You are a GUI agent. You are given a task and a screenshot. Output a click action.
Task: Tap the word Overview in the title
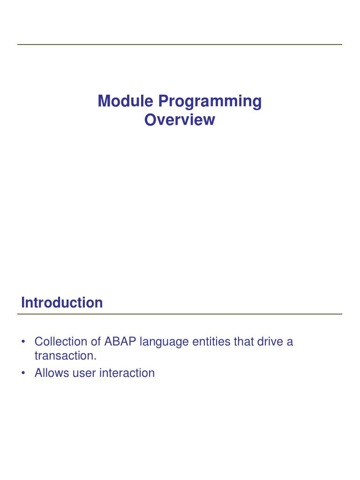coord(180,120)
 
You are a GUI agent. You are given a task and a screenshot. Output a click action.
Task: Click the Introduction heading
coord(62,303)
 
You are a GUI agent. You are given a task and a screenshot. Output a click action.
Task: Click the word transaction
coord(65,356)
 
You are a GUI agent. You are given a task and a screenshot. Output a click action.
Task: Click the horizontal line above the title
coord(180,45)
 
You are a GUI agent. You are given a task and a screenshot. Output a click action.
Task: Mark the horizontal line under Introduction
coord(180,314)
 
